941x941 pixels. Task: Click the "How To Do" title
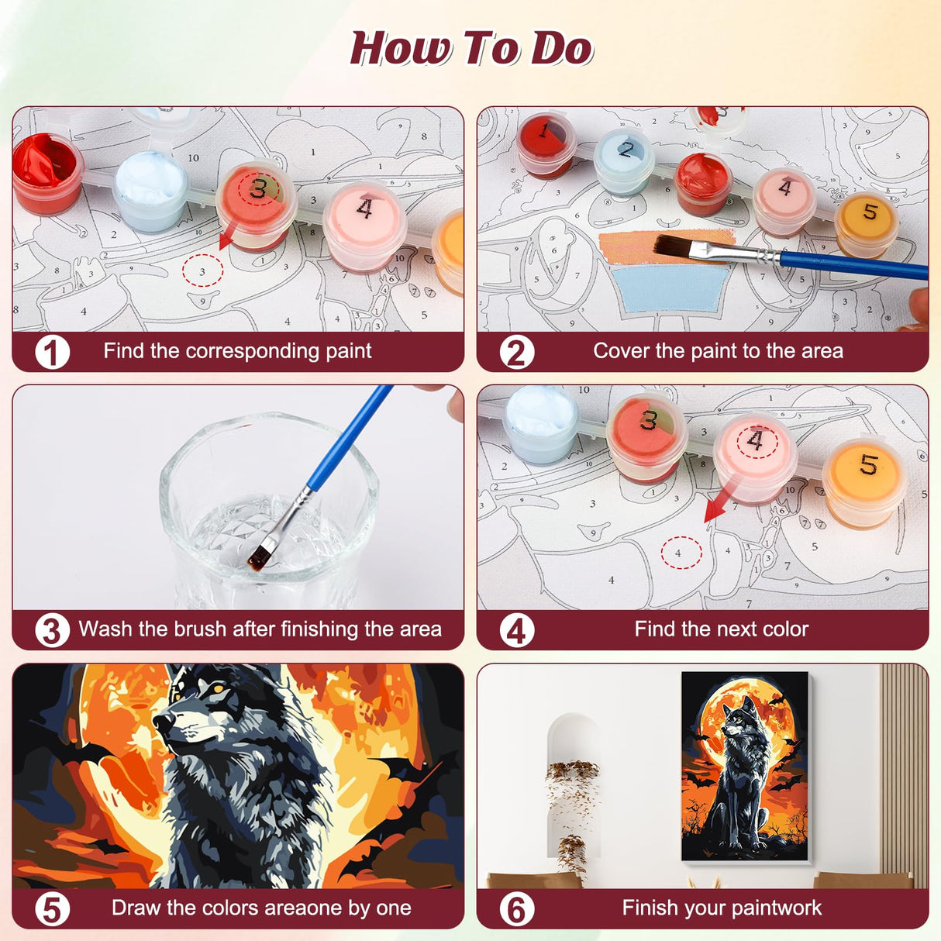[x=470, y=48]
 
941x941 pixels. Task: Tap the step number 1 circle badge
[x=52, y=352]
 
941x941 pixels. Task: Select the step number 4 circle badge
[x=516, y=630]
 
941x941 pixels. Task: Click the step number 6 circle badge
[x=516, y=908]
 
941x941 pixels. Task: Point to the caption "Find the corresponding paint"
[x=237, y=351]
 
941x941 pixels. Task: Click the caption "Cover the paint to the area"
[x=718, y=351]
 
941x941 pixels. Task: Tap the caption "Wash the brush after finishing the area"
[x=260, y=629]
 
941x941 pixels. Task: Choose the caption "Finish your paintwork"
[x=721, y=908]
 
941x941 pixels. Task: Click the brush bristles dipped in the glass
[x=259, y=555]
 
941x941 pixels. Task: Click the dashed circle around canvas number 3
[x=202, y=271]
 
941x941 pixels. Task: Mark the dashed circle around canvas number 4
[x=681, y=553]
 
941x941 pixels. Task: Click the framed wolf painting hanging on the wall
[x=745, y=766]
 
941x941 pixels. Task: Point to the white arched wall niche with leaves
[x=573, y=783]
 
